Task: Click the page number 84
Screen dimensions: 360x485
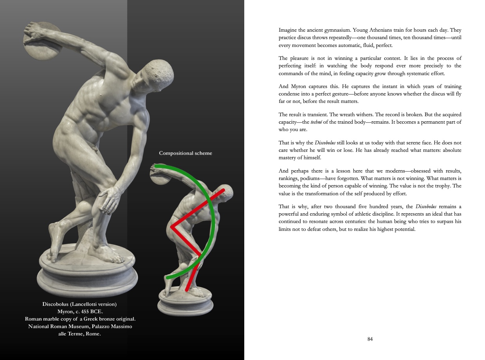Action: pos(370,339)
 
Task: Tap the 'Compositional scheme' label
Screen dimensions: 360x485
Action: pos(186,153)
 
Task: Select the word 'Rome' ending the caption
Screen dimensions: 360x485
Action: pos(93,334)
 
